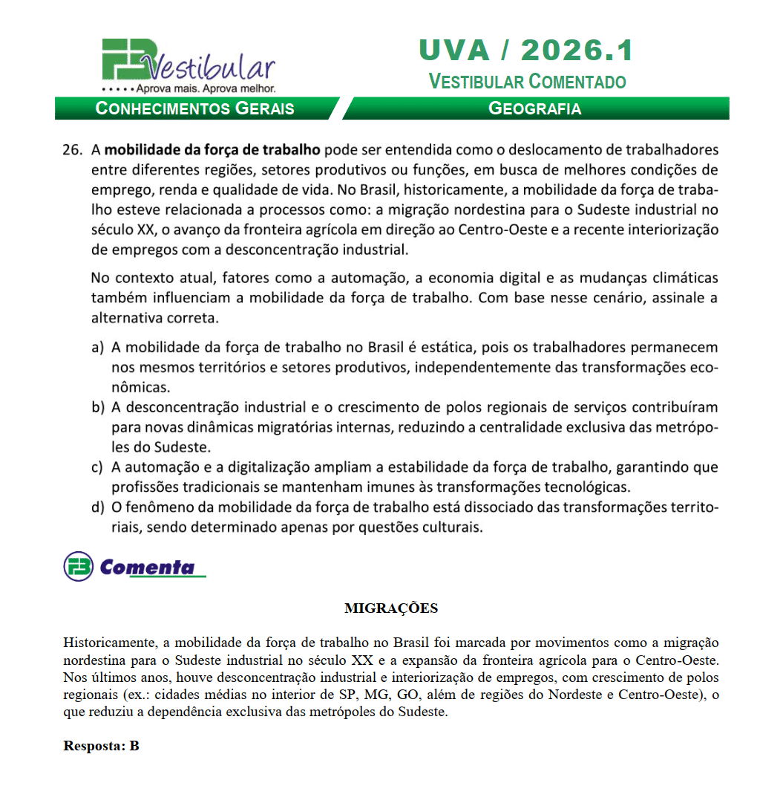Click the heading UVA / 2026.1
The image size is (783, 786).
click(526, 51)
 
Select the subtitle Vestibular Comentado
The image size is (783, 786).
click(527, 81)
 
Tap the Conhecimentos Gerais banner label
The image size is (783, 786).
click(195, 108)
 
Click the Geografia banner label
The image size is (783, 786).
click(534, 108)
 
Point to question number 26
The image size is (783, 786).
click(72, 149)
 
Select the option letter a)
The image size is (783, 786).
click(97, 347)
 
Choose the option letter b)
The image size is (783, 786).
click(97, 408)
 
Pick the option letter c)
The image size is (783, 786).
click(97, 468)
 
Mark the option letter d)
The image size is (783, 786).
click(97, 508)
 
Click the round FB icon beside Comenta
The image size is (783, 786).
click(78, 567)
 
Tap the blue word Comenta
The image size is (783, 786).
click(147, 568)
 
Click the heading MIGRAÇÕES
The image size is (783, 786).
click(391, 608)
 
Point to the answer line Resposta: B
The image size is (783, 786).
click(101, 746)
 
